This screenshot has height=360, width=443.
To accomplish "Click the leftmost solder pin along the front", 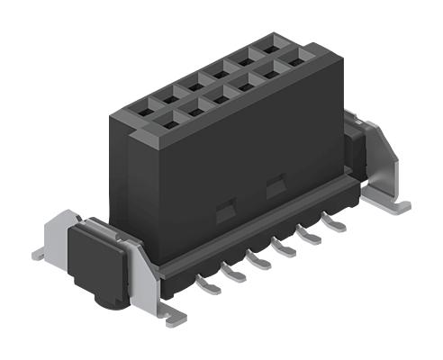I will pos(208,287).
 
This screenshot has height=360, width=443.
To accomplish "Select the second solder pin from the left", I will pos(234,274).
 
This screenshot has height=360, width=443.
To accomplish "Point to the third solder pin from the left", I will pos(260,261).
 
